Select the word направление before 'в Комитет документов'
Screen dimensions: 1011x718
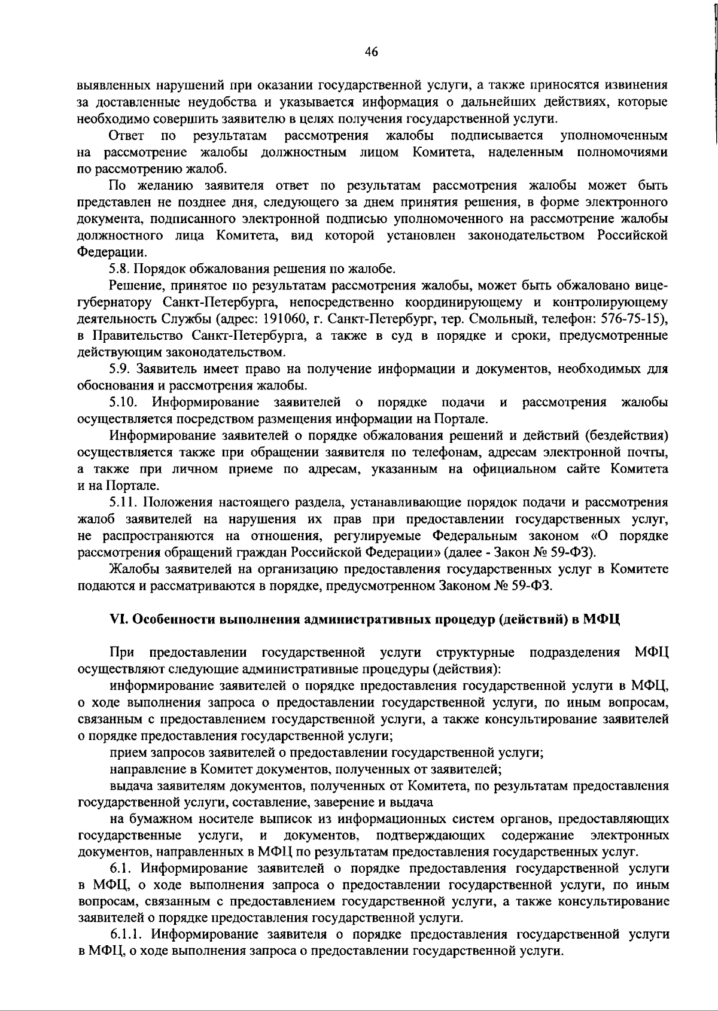(144, 769)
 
